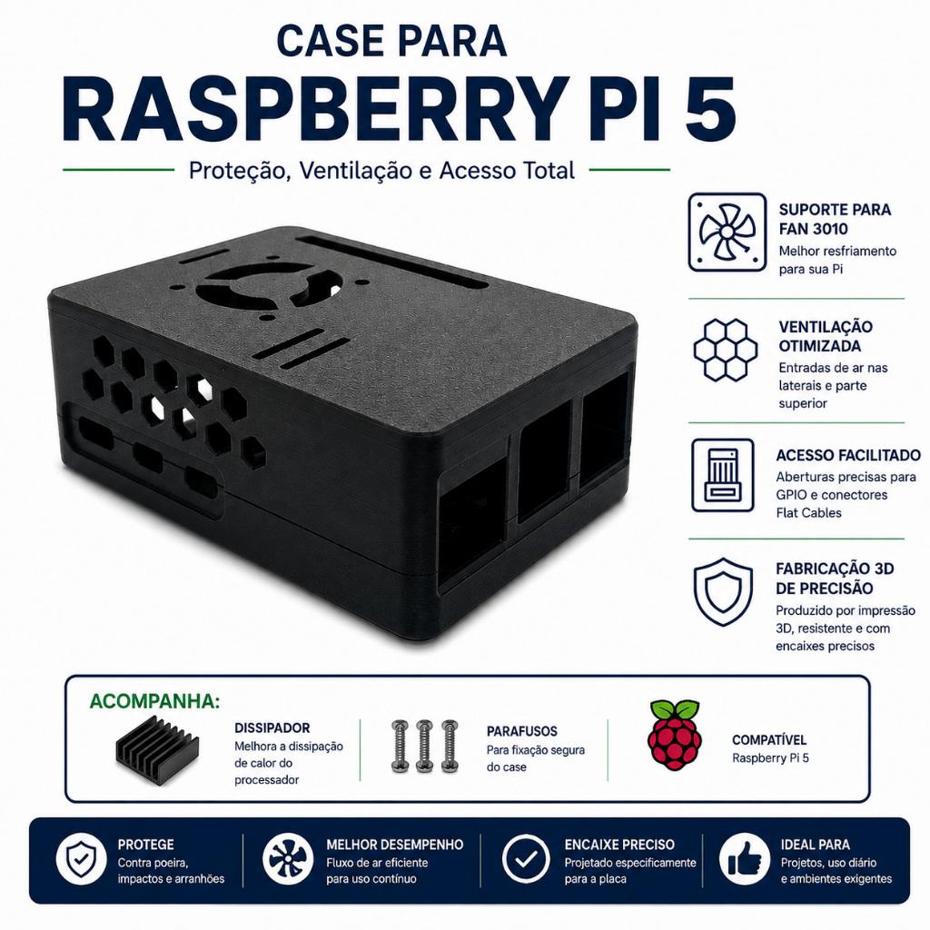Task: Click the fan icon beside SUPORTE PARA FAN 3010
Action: (x=727, y=232)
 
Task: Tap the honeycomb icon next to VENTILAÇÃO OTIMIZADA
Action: (x=726, y=350)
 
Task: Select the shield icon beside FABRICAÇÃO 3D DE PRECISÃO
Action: (x=723, y=591)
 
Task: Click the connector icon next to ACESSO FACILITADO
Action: (x=722, y=475)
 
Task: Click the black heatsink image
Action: (x=157, y=749)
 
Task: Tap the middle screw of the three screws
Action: (x=424, y=747)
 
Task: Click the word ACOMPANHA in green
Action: (x=154, y=701)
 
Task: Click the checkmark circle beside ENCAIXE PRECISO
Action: (x=526, y=859)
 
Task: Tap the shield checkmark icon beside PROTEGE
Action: (x=81, y=859)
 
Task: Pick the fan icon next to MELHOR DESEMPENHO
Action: (x=288, y=859)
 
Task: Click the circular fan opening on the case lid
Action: (x=268, y=285)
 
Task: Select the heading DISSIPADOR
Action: (x=272, y=727)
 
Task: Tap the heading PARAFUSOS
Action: (x=522, y=731)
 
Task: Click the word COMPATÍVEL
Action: (x=769, y=740)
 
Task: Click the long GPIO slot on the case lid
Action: (x=391, y=261)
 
